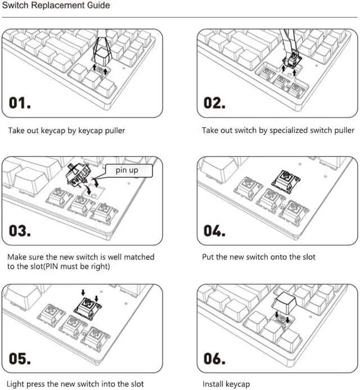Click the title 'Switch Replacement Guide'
(x=55, y=6)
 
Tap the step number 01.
(x=20, y=103)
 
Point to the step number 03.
(x=21, y=231)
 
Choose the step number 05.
(x=21, y=358)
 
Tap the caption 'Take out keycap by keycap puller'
(x=66, y=131)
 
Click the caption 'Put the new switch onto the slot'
(x=259, y=257)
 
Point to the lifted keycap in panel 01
(x=101, y=56)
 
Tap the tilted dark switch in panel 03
(x=79, y=176)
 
